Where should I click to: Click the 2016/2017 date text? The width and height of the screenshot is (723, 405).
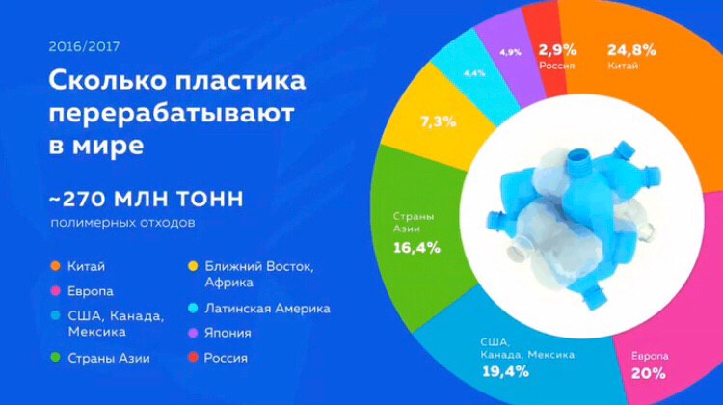pyautogui.click(x=84, y=46)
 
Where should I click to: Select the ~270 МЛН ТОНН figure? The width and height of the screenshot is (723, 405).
pyautogui.click(x=147, y=200)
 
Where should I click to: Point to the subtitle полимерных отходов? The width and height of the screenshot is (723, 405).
pyautogui.click(x=122, y=223)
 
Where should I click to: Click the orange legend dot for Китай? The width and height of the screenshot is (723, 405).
pyautogui.click(x=55, y=266)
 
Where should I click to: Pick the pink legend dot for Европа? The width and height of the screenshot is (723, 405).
pyautogui.click(x=55, y=291)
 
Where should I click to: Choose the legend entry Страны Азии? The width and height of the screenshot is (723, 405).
pyautogui.click(x=109, y=358)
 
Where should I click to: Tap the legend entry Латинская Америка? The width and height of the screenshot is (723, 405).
pyautogui.click(x=267, y=309)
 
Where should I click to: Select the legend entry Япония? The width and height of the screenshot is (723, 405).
pyautogui.click(x=228, y=333)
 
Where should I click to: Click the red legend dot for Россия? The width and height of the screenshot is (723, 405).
pyautogui.click(x=193, y=357)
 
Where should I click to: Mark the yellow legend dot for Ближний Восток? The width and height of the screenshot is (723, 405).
pyautogui.click(x=193, y=266)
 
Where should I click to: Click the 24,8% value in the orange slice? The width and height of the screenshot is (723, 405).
pyautogui.click(x=631, y=50)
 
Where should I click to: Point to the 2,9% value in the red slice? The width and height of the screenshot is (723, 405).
pyautogui.click(x=557, y=49)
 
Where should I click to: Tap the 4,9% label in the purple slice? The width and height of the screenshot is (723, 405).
pyautogui.click(x=510, y=52)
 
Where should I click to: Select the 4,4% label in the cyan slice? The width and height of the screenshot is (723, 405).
pyautogui.click(x=474, y=73)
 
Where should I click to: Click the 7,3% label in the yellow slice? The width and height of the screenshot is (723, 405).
pyautogui.click(x=438, y=122)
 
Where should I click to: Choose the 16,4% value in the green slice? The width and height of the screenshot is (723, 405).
pyautogui.click(x=416, y=248)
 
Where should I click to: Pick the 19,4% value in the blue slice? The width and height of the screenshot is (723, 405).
pyautogui.click(x=505, y=371)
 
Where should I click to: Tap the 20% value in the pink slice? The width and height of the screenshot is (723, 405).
pyautogui.click(x=649, y=373)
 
